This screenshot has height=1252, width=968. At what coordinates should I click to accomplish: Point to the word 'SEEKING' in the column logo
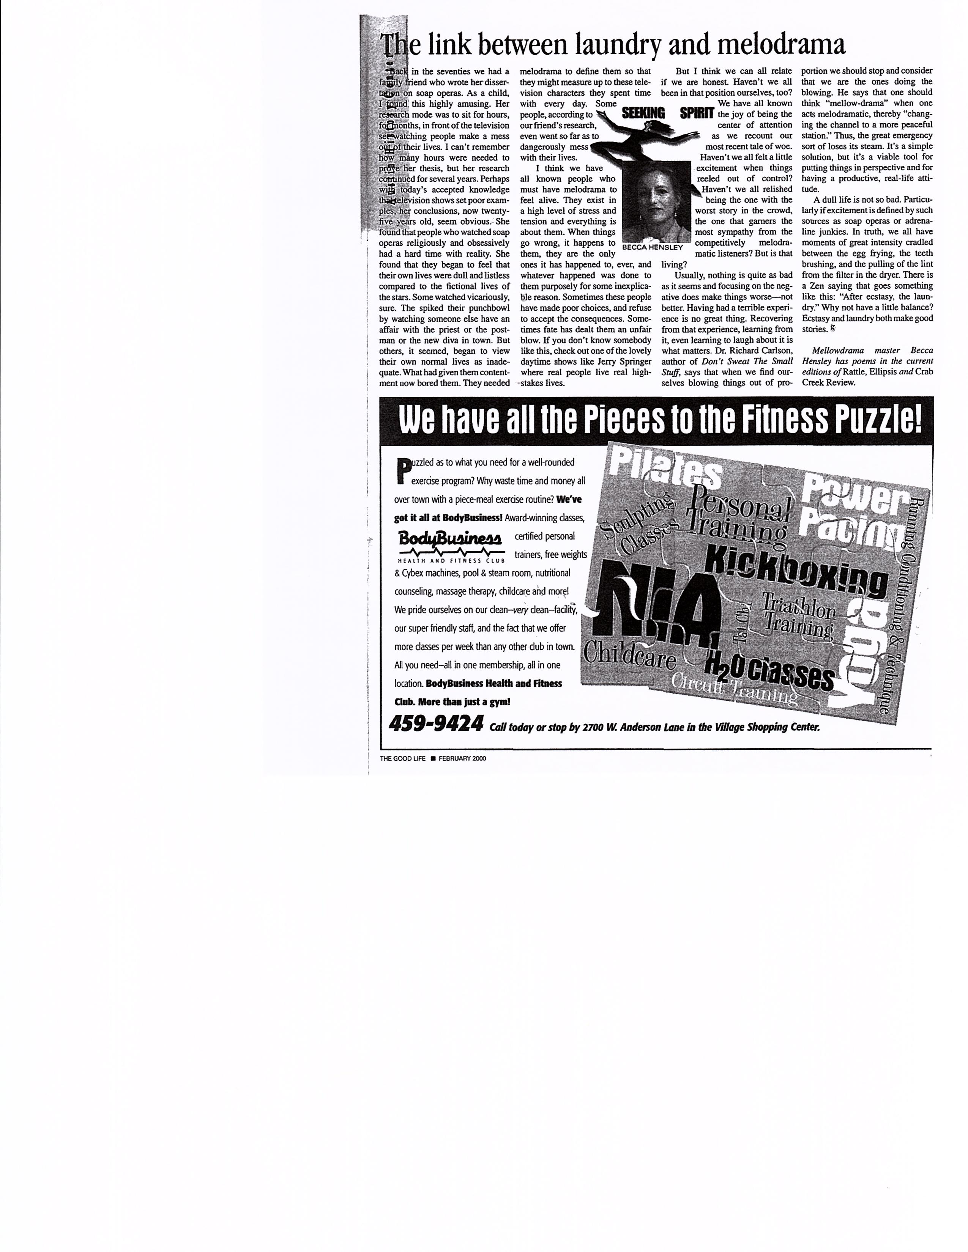(x=643, y=113)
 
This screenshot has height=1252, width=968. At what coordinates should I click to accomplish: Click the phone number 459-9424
(x=436, y=724)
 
